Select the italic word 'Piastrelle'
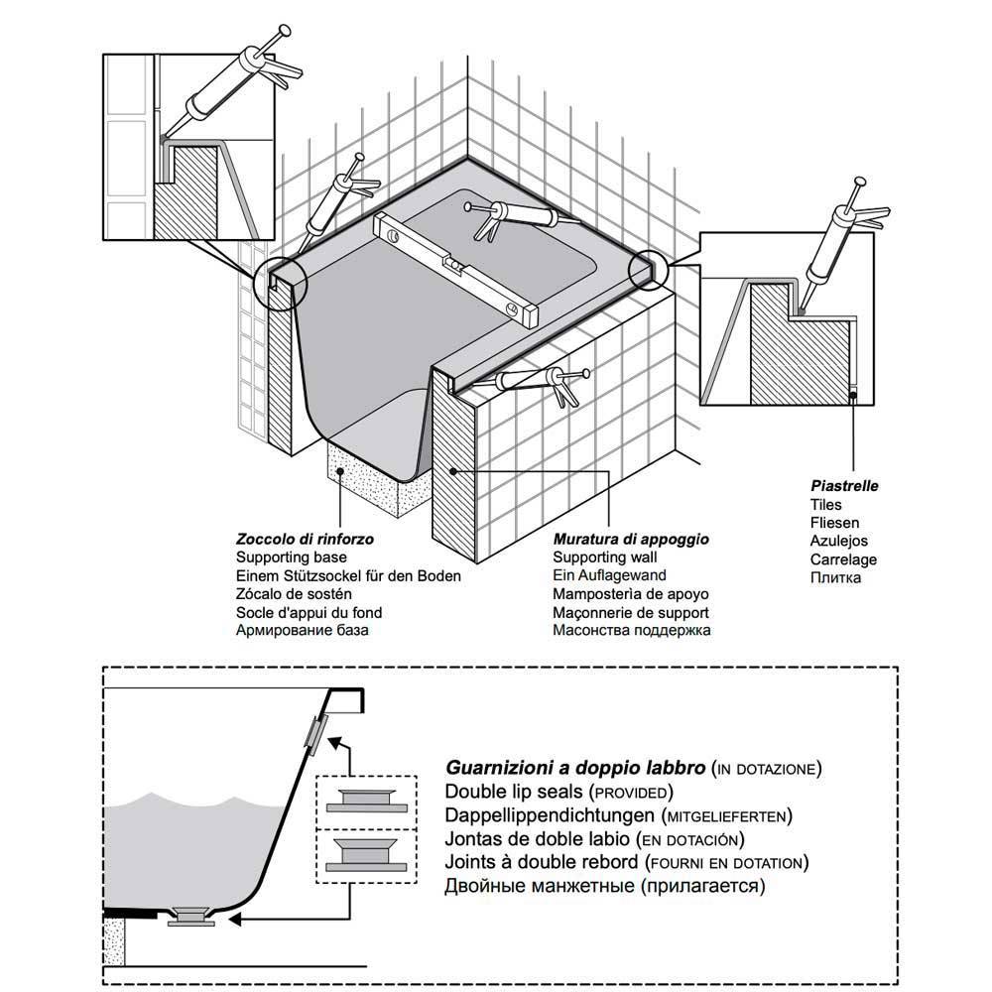pos(844,487)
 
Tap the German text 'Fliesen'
pos(834,523)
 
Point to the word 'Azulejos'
pos(838,541)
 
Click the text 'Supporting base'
pos(287,558)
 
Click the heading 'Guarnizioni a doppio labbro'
pos(575,768)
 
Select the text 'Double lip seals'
pos(515,792)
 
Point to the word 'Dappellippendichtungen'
pos(550,815)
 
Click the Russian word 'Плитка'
pos(835,577)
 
